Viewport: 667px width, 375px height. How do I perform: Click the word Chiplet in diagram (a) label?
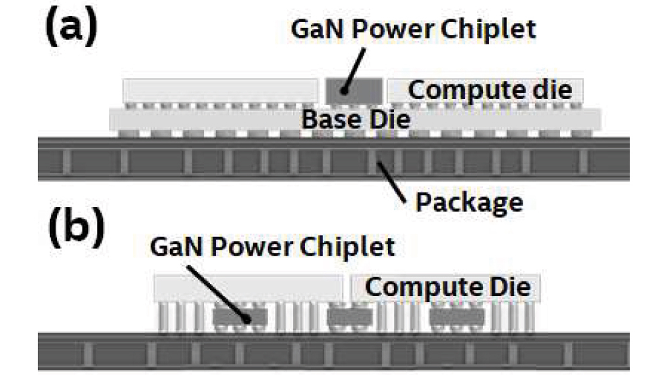(x=488, y=29)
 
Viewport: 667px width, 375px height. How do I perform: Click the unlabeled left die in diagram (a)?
(x=220, y=91)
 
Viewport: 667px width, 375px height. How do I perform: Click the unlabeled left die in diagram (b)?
(x=248, y=288)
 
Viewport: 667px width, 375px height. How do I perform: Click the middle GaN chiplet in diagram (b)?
(x=350, y=316)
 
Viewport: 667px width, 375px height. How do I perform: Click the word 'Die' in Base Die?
(x=390, y=120)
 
